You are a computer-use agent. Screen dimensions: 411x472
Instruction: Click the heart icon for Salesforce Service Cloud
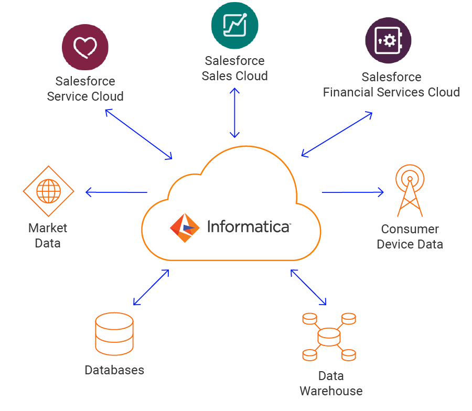pyautogui.click(x=85, y=48)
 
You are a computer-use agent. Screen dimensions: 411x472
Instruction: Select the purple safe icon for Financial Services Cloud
pyautogui.click(x=388, y=41)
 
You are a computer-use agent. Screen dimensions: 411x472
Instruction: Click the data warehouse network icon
pyautogui.click(x=329, y=337)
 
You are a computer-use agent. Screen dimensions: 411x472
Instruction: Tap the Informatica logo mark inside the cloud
pyautogui.click(x=185, y=228)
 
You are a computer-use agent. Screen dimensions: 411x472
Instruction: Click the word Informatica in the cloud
pyautogui.click(x=249, y=226)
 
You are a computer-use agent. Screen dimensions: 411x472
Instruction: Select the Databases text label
pyautogui.click(x=114, y=370)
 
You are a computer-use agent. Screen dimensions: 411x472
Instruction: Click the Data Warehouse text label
pyautogui.click(x=331, y=383)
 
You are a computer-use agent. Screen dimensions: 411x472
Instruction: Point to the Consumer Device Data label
pyautogui.click(x=410, y=236)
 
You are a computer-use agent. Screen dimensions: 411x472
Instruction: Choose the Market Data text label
pyautogui.click(x=48, y=235)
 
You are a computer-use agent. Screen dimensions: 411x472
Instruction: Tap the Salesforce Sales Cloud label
pyautogui.click(x=234, y=68)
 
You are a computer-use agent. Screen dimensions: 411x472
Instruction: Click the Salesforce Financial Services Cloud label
pyautogui.click(x=391, y=84)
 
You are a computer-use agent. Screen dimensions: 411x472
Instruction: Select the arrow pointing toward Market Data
pyautogui.click(x=116, y=192)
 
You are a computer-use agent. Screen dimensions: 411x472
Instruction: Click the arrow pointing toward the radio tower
pyautogui.click(x=353, y=192)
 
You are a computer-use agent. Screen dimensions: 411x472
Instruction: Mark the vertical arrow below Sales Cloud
pyautogui.click(x=234, y=113)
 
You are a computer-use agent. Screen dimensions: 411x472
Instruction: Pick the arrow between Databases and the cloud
pyautogui.click(x=151, y=287)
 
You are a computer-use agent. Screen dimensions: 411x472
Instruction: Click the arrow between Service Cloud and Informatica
pyautogui.click(x=138, y=134)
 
